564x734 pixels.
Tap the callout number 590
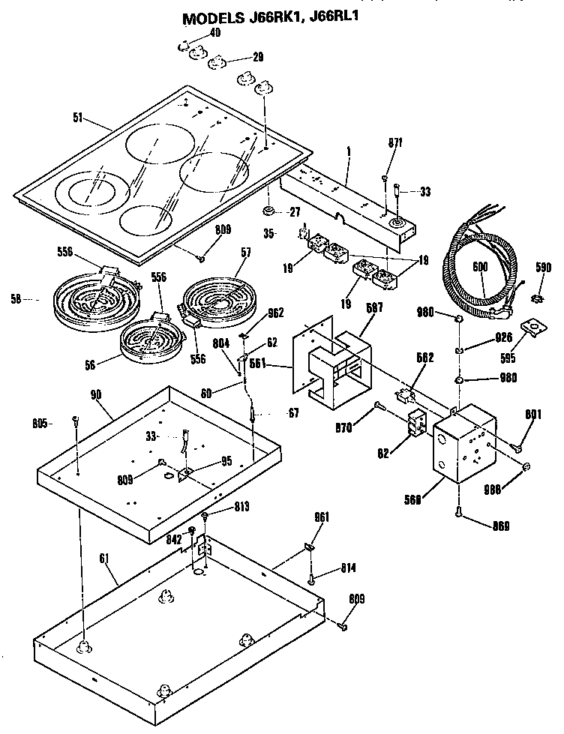tap(543, 267)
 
